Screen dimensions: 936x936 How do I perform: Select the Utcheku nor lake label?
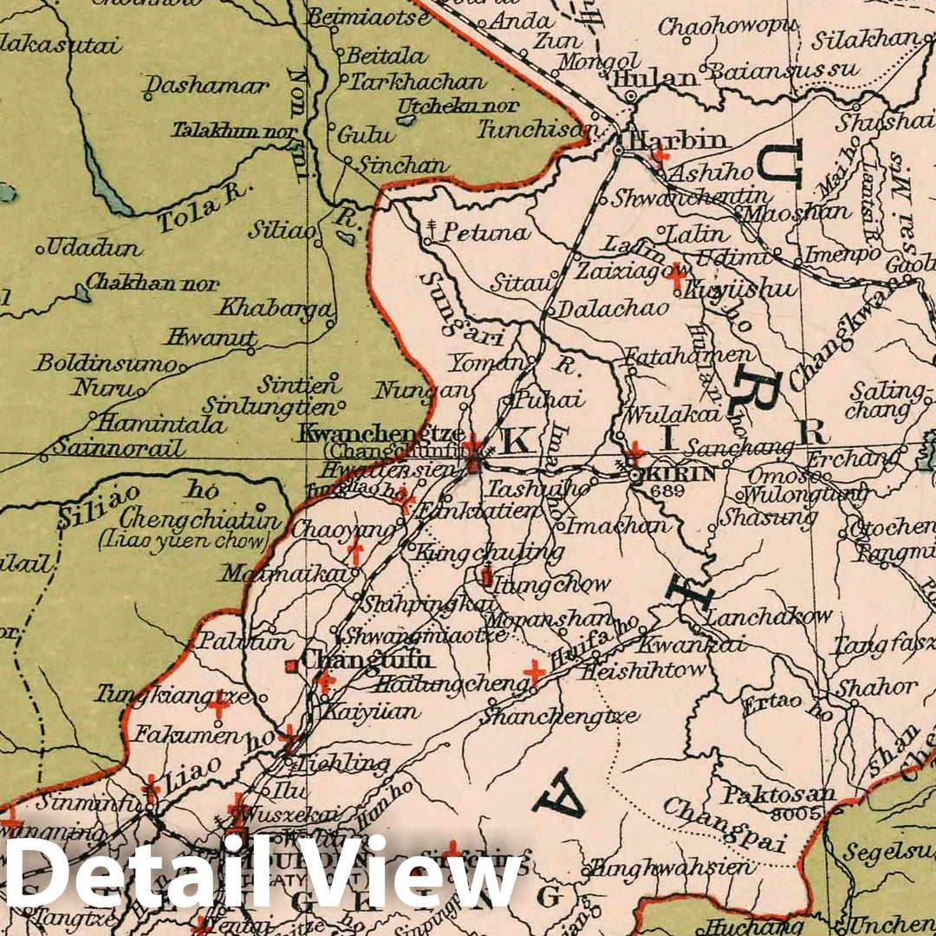458,106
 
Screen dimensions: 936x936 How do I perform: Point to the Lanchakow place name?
768,617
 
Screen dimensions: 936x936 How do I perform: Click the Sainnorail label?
118,448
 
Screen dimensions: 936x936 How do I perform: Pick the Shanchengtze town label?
560,717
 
